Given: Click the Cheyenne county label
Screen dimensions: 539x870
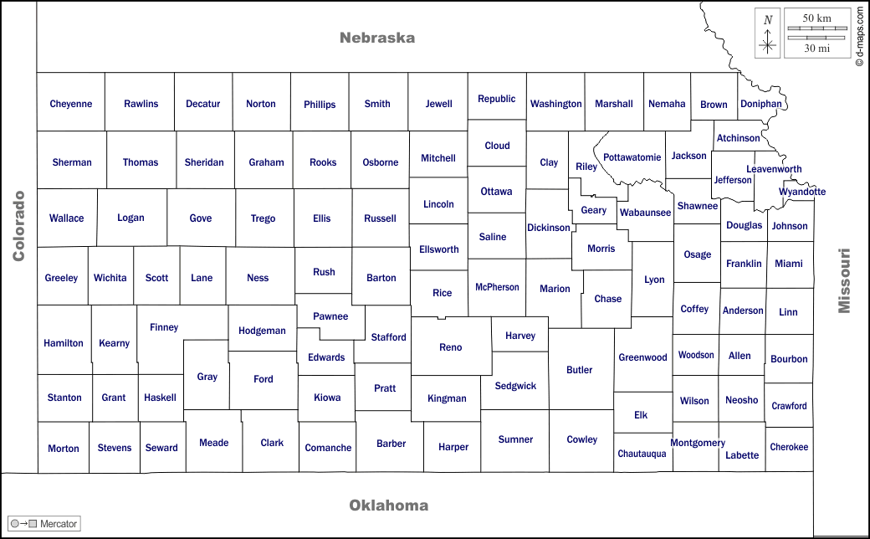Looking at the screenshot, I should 71,104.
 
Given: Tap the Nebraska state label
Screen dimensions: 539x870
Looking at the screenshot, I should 377,38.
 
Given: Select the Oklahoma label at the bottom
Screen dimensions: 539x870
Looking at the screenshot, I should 389,505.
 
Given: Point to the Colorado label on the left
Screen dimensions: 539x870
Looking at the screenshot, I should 19,226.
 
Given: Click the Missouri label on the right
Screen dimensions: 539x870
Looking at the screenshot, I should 845,280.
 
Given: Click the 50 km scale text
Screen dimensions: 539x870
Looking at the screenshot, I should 816,18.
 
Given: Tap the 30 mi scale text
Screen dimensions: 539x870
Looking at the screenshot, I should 816,49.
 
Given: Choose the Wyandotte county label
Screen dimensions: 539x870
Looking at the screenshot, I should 802,192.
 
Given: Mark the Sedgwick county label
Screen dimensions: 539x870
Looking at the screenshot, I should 515,386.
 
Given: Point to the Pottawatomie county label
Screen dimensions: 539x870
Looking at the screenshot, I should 632,157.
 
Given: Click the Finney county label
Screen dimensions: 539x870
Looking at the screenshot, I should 164,327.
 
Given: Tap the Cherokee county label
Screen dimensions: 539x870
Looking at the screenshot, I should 789,447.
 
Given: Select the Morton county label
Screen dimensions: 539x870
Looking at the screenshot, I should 64,449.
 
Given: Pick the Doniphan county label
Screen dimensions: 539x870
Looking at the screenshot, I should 761,104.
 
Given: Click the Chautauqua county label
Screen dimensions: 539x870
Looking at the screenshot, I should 642,454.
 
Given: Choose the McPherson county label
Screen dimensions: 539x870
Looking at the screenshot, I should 497,287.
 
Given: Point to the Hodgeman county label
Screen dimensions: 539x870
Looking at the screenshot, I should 262,331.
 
